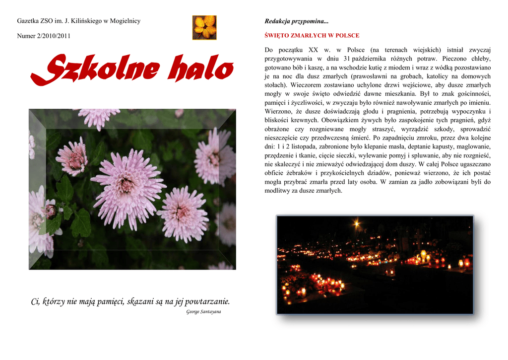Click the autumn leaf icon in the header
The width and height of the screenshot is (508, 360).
coord(204,27)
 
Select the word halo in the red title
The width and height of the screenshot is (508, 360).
coord(201,70)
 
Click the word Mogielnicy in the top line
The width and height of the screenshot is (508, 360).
coord(125,21)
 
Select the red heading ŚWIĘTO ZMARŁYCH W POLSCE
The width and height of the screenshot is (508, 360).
coord(312,36)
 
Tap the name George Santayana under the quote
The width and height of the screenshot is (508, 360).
coord(204,312)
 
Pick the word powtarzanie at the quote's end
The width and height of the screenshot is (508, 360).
coord(207,301)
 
